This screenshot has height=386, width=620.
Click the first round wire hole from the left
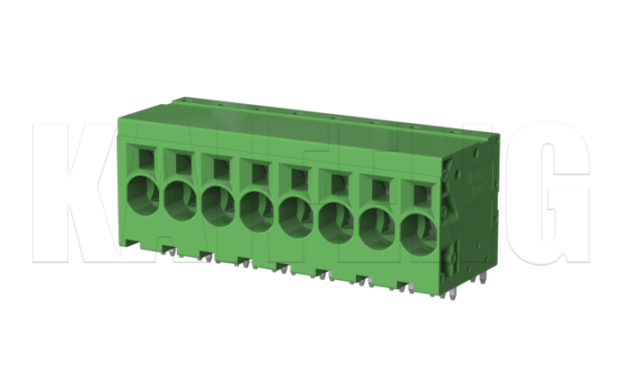point(141,194)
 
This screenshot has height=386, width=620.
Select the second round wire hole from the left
point(180,198)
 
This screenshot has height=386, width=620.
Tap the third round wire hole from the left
point(218,203)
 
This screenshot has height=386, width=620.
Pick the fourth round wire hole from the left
point(257,209)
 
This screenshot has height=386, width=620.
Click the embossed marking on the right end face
point(473,179)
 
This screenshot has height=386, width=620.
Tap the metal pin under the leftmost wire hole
point(167,254)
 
